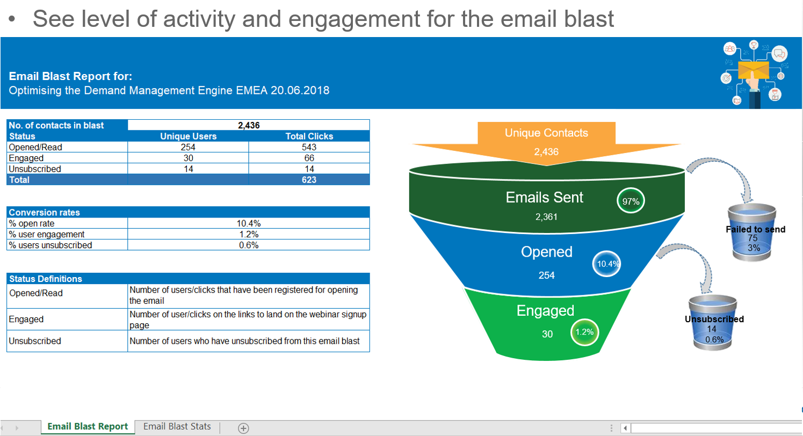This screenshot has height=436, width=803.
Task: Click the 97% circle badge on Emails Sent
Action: click(x=631, y=201)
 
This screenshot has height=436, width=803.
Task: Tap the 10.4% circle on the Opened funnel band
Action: click(x=606, y=264)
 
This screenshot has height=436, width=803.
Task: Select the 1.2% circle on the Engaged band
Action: click(x=585, y=332)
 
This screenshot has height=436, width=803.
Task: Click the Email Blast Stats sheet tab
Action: click(x=177, y=426)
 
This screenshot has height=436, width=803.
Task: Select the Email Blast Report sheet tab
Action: click(x=88, y=426)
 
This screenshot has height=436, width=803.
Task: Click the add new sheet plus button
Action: click(x=243, y=428)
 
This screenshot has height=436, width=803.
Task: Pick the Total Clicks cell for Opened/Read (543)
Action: click(x=309, y=147)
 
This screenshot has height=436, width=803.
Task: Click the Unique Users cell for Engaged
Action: click(x=188, y=158)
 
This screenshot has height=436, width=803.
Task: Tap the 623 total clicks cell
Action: click(x=309, y=180)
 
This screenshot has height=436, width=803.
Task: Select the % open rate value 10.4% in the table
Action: click(x=249, y=223)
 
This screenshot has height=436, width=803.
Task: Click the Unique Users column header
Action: click(x=188, y=136)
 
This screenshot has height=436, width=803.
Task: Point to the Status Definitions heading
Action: click(x=46, y=279)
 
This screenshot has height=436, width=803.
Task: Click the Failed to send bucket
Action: click(x=752, y=232)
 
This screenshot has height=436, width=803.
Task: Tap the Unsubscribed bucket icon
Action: click(x=712, y=322)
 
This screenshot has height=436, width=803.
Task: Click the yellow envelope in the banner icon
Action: click(x=754, y=70)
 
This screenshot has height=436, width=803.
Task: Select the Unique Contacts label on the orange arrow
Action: click(x=546, y=133)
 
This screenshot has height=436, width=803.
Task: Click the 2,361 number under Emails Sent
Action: click(x=546, y=217)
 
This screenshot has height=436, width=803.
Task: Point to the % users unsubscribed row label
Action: click(x=50, y=245)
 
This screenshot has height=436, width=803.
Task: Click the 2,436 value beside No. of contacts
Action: click(x=249, y=126)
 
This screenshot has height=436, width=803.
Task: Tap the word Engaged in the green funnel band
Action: click(x=545, y=311)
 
